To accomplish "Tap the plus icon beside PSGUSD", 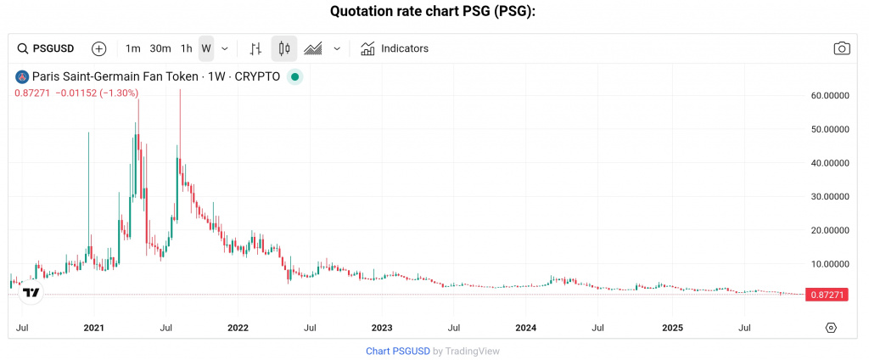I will [99, 48].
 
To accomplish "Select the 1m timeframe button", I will [132, 48].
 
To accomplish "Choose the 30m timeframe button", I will [160, 48].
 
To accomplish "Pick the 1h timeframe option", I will [187, 48].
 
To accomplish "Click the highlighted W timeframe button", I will [206, 48].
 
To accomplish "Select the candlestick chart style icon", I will [284, 48].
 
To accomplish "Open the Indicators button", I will [395, 48].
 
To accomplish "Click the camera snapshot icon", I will [841, 48].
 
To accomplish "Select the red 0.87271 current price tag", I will [826, 294].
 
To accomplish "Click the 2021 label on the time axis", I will [94, 327].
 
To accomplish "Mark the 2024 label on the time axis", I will [526, 327].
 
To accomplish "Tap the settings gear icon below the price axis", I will [831, 328].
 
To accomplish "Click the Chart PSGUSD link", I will [397, 351].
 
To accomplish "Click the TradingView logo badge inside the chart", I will [31, 293].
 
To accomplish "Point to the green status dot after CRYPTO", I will [294, 76].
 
